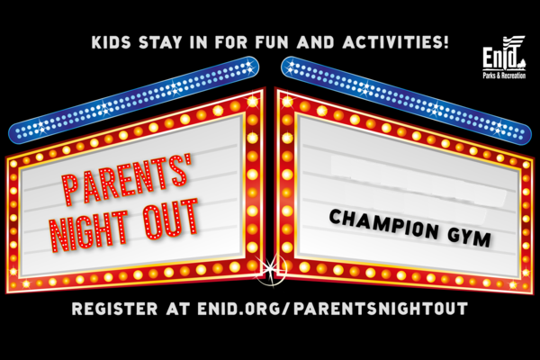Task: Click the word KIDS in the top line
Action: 112,42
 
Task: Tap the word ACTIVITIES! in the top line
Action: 396,42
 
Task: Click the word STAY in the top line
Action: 160,42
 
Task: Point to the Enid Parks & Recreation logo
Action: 504,58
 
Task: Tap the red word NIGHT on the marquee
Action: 89,230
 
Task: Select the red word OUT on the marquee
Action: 171,219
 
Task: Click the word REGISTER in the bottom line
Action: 114,309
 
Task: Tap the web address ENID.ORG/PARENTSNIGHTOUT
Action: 333,309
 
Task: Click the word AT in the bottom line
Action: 177,309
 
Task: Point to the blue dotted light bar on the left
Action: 133,99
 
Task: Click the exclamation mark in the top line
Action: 446,42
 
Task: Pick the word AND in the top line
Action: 316,42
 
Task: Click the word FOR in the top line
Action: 231,42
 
